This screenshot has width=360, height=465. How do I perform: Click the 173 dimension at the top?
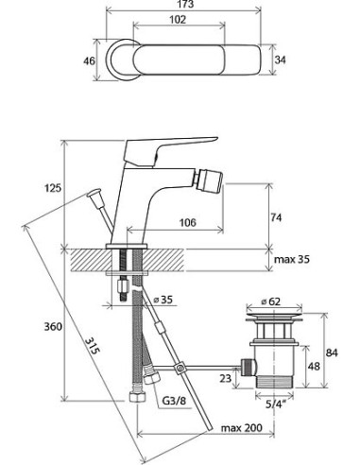click(x=185, y=4)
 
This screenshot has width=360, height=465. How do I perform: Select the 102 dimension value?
click(x=178, y=20)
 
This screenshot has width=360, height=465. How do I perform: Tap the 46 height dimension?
click(x=89, y=60)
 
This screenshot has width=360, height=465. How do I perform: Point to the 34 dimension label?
click(x=280, y=60)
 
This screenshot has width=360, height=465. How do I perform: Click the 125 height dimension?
click(x=53, y=188)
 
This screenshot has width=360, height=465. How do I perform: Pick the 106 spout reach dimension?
click(x=188, y=222)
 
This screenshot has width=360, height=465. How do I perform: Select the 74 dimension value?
click(x=276, y=217)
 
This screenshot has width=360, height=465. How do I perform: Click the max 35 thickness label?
click(x=292, y=259)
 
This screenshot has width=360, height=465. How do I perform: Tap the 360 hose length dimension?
click(x=53, y=326)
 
